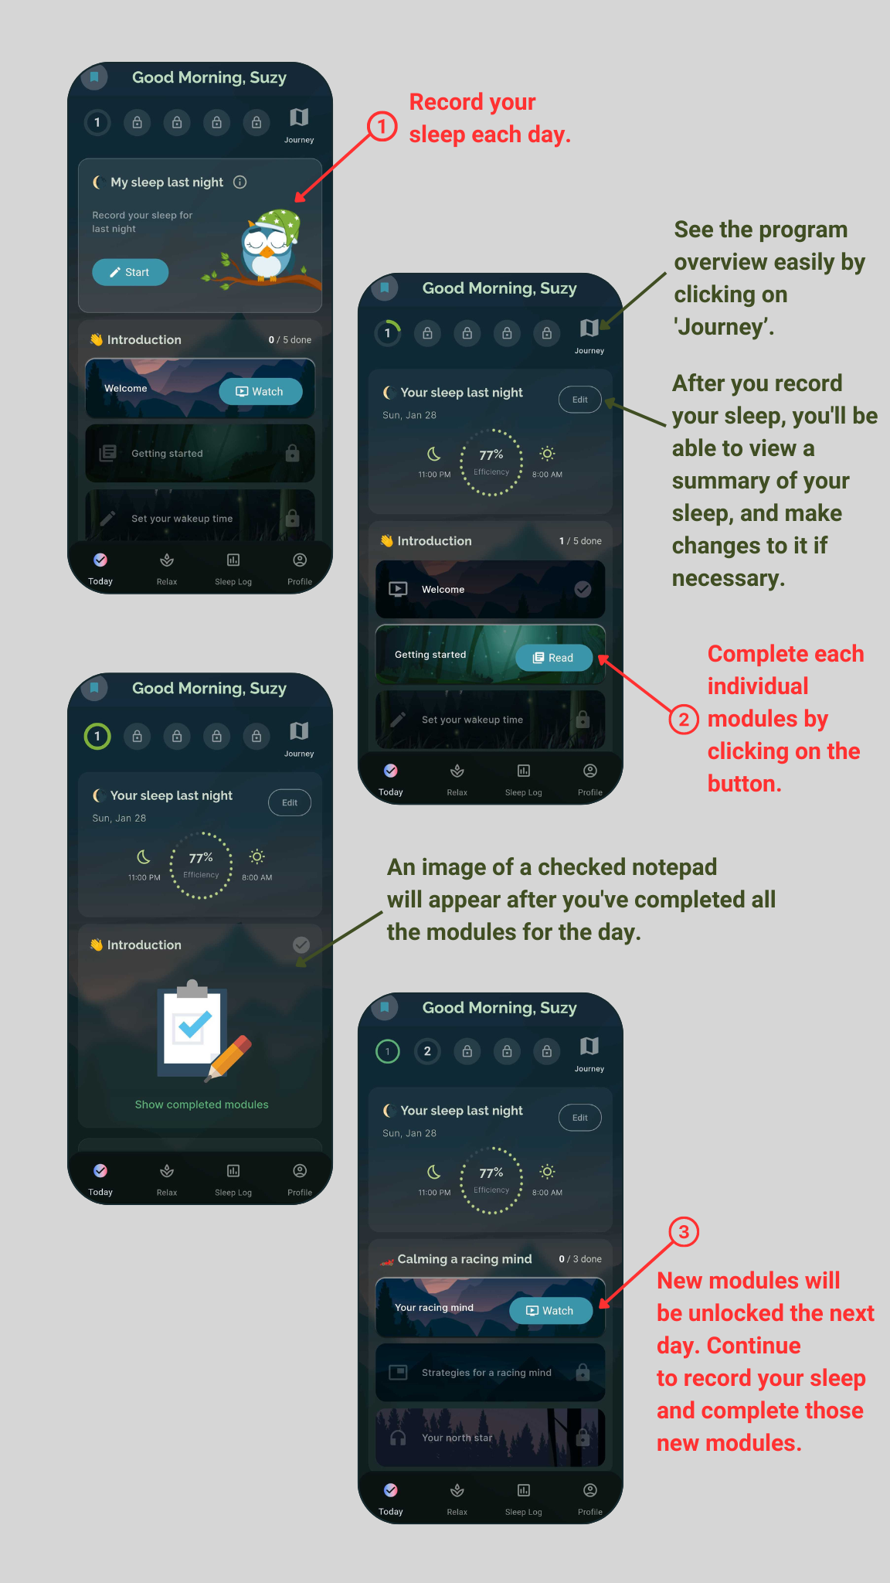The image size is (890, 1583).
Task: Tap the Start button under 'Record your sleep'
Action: [130, 272]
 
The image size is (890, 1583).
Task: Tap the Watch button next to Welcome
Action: [260, 392]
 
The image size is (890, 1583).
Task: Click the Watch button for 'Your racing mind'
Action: [551, 1311]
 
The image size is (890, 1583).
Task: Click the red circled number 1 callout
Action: [382, 126]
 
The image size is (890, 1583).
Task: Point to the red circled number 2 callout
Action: [684, 720]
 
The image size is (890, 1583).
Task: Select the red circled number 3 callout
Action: [684, 1231]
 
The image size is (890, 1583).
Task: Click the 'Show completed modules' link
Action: [202, 1105]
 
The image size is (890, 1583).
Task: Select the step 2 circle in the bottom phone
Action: [427, 1051]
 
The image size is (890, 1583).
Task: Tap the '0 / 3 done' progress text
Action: [580, 1259]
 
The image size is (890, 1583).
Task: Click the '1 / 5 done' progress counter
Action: [580, 541]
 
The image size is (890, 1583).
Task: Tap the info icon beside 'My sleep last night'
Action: [240, 182]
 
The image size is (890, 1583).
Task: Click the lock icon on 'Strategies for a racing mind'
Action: [583, 1372]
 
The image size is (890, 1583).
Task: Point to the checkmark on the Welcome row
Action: [583, 589]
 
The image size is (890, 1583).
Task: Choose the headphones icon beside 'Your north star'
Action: [398, 1438]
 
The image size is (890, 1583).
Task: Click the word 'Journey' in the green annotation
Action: [723, 327]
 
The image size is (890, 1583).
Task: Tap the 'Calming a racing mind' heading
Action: [464, 1259]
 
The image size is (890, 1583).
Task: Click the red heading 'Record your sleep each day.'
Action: [490, 118]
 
